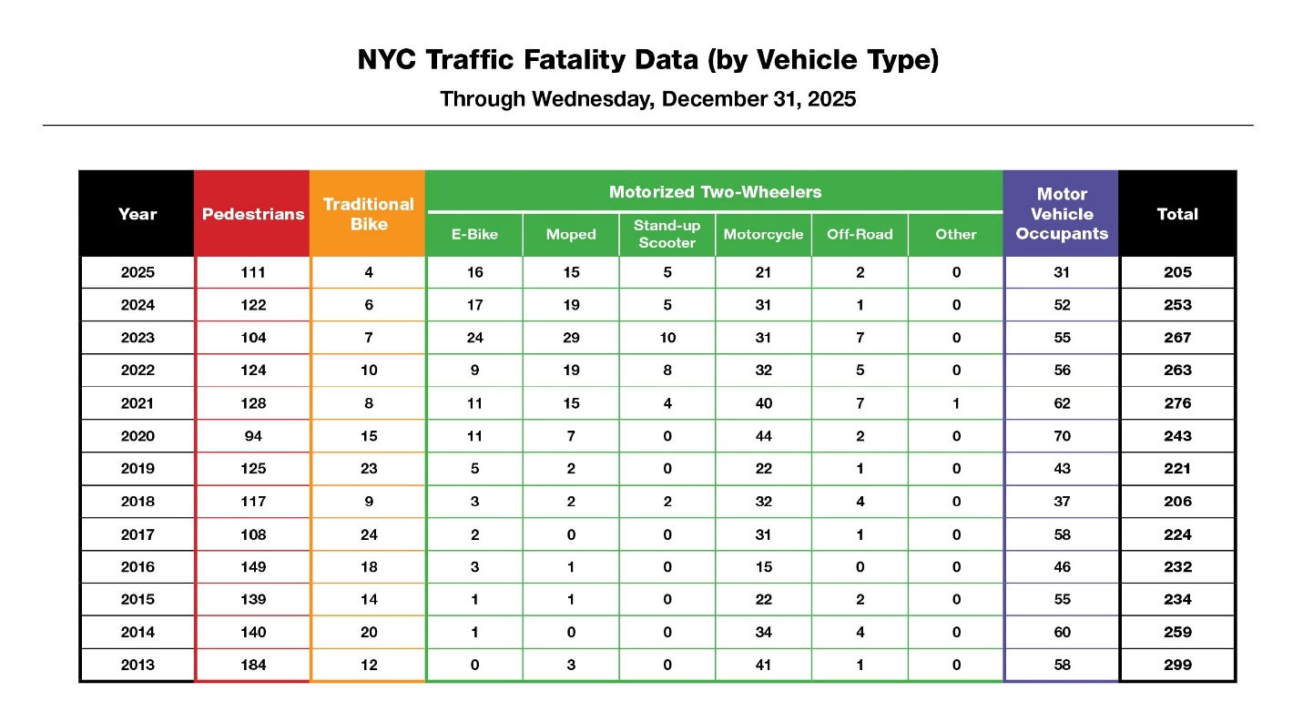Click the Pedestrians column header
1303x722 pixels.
252,214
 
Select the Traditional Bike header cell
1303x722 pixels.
368,214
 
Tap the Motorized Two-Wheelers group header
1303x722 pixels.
715,192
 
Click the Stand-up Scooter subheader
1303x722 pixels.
667,234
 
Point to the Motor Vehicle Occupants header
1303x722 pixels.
1062,214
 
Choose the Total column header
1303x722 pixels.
1177,214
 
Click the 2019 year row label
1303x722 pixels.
137,469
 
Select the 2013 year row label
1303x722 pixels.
137,665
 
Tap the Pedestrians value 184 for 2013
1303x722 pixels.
252,665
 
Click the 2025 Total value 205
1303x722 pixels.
1177,272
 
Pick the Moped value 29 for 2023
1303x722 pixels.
571,338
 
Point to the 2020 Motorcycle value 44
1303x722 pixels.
763,436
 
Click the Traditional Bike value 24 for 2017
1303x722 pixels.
368,534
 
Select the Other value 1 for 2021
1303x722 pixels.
956,403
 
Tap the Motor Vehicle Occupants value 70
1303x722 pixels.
1062,436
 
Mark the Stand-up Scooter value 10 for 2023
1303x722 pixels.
667,338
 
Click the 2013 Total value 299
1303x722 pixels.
1177,665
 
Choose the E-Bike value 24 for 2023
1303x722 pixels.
474,338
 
